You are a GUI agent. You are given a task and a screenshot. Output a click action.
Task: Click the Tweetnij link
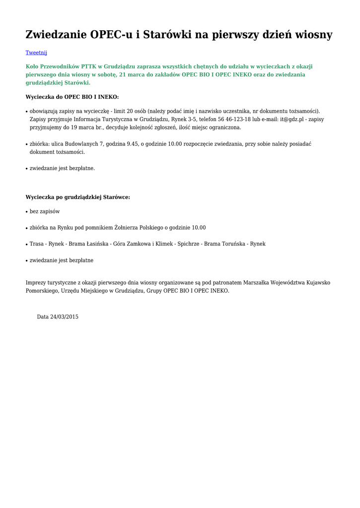[36, 52]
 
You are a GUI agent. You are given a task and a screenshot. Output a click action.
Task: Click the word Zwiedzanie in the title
[56, 35]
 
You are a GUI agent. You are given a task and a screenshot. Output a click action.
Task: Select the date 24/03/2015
[64, 317]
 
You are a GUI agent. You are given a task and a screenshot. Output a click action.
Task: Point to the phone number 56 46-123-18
[234, 120]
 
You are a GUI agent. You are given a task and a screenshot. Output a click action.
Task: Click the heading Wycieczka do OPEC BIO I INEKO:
[72, 97]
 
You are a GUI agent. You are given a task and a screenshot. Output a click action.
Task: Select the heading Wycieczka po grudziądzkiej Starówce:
[77, 197]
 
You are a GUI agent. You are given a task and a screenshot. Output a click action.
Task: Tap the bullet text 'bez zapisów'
[45, 211]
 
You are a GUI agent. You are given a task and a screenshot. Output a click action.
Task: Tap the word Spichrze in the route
[188, 244]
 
